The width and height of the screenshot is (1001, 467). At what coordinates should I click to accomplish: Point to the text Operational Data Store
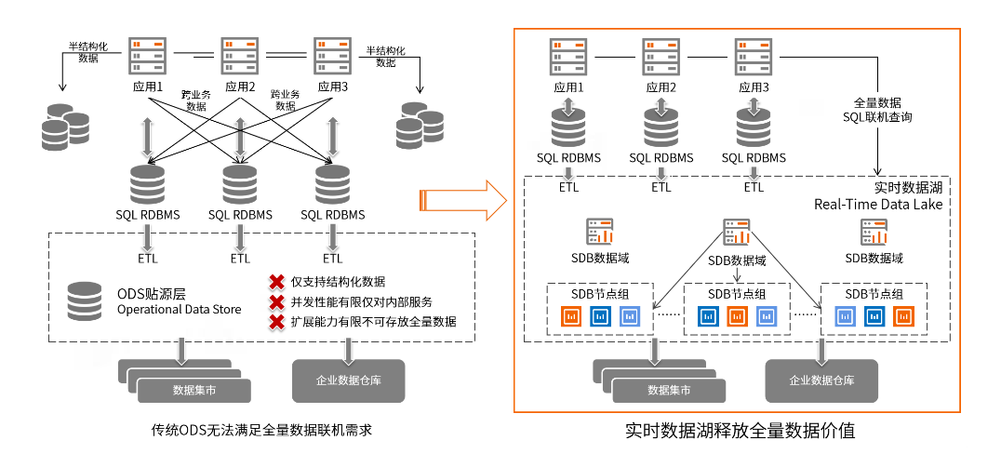(x=179, y=309)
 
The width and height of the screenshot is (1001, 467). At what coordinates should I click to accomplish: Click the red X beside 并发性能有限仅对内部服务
(x=276, y=302)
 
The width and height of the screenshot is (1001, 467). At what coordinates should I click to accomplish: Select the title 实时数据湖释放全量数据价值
(x=740, y=432)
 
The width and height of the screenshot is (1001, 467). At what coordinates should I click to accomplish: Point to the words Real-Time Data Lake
(x=880, y=205)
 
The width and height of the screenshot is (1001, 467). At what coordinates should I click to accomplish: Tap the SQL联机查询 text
(x=876, y=118)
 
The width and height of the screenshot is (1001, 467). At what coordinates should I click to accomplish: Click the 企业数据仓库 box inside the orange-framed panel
(x=821, y=380)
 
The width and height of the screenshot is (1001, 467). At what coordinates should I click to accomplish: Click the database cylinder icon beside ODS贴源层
(x=85, y=300)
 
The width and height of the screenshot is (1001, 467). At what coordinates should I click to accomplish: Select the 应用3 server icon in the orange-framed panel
(x=753, y=57)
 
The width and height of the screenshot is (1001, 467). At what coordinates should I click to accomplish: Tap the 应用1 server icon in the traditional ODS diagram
(x=147, y=57)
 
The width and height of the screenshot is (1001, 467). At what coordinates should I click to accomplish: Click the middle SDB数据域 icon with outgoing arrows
(x=737, y=232)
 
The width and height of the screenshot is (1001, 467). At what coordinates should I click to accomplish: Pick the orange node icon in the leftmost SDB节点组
(x=570, y=316)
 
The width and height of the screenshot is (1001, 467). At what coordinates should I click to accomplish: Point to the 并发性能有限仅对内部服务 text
(x=361, y=302)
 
